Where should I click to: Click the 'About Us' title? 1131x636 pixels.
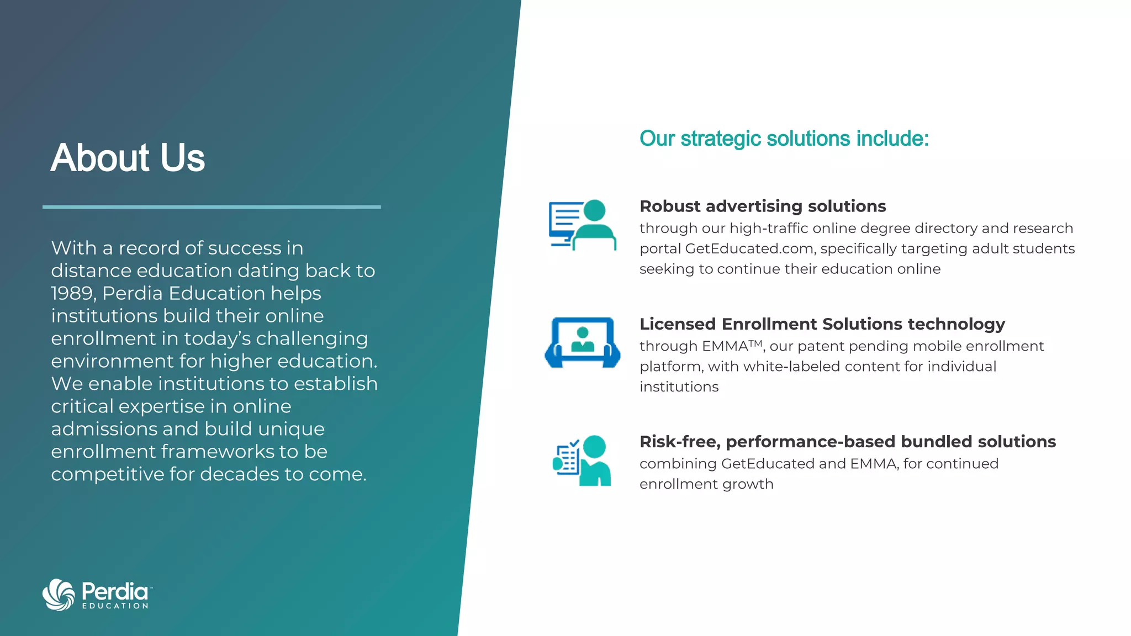pos(128,158)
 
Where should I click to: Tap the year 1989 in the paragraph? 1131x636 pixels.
pos(72,293)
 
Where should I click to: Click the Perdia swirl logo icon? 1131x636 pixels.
pos(59,595)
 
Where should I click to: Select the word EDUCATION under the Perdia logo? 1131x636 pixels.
pos(115,606)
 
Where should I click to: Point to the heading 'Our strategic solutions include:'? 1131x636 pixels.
pos(784,139)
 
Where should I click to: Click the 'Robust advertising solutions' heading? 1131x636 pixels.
pos(763,206)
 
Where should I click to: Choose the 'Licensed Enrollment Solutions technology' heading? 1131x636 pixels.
pos(822,324)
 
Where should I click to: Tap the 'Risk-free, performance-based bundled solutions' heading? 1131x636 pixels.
pos(847,442)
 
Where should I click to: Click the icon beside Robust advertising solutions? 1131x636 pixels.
pos(582,225)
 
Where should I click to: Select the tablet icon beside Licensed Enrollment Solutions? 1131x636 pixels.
pos(582,342)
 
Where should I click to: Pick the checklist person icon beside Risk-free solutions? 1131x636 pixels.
pos(582,460)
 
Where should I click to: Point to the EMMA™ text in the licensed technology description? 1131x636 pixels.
pos(731,346)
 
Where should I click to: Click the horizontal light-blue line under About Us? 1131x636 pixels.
pos(212,207)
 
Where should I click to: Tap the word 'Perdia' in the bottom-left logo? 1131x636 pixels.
pos(115,592)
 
